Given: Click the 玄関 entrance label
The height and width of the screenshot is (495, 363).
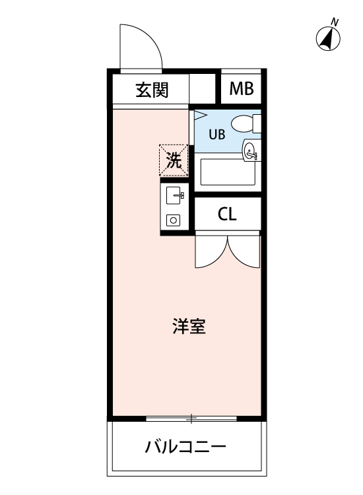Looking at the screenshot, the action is [x=152, y=90].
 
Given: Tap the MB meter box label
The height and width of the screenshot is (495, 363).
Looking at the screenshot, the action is [x=242, y=88].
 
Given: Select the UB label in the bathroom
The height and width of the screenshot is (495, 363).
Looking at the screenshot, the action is [x=217, y=135].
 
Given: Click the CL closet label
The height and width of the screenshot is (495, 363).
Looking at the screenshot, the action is [x=227, y=214].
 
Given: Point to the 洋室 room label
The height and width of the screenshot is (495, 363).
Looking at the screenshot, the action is [x=189, y=327].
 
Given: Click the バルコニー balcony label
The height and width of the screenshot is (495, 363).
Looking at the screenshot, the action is [x=185, y=447].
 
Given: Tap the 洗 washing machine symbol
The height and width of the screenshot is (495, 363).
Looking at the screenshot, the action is [x=174, y=160].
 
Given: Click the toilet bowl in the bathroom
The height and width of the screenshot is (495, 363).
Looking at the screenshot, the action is [x=246, y=123].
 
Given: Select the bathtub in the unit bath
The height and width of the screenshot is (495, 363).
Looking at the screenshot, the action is [x=228, y=172].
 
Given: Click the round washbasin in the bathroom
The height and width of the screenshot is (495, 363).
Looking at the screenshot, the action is [x=250, y=150].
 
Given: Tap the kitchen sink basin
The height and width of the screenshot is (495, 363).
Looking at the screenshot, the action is [x=174, y=195].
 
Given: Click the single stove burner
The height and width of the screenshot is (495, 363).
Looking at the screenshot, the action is [x=174, y=220].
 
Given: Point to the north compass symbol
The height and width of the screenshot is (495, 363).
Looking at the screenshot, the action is [x=328, y=39].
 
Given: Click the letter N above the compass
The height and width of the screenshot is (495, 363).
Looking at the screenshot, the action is [x=335, y=22].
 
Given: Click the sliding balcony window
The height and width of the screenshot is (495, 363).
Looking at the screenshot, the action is [x=191, y=418].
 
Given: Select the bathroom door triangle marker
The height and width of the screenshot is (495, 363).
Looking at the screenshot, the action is [x=199, y=115].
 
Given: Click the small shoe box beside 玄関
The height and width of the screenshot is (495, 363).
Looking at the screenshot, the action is [x=202, y=88].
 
